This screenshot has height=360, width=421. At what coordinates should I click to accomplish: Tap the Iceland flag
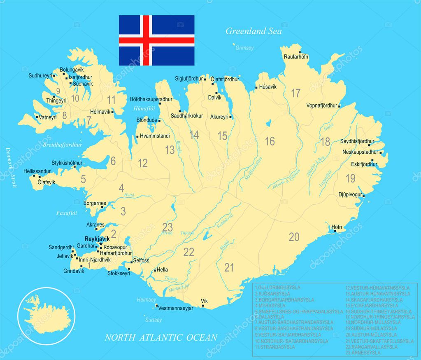point(156,40)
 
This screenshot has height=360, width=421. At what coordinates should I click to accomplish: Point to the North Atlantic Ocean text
point(161,338)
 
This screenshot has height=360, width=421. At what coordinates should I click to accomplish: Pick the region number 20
point(294,237)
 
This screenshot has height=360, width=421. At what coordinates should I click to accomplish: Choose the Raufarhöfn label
point(296,57)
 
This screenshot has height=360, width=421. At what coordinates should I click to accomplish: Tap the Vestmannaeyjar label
point(176,308)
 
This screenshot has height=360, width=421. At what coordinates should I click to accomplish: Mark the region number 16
point(270,142)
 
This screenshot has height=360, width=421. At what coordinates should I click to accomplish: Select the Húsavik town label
point(268,87)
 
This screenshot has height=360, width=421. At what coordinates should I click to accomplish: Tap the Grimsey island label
point(244,48)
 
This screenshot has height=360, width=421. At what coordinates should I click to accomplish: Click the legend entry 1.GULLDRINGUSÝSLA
point(277,287)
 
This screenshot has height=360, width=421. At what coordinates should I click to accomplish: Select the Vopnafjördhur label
point(321,105)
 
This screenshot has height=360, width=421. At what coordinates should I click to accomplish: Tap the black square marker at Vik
point(203,306)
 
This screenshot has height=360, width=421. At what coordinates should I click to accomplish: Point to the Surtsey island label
point(153,320)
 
